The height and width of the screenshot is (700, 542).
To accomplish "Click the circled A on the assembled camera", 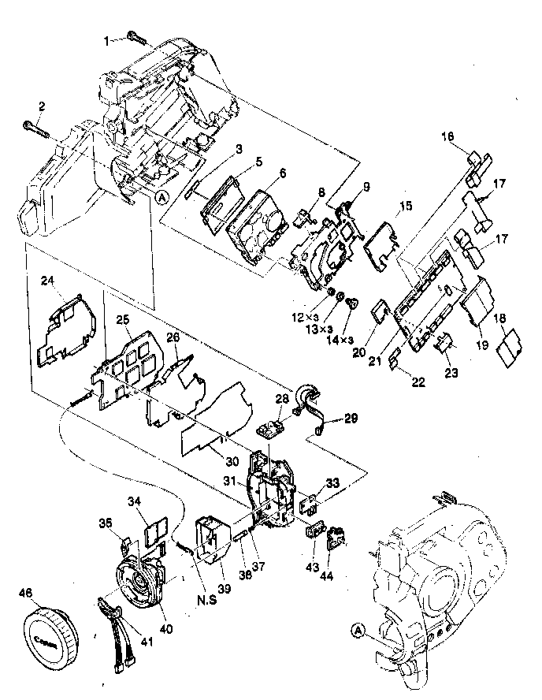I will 359,631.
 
